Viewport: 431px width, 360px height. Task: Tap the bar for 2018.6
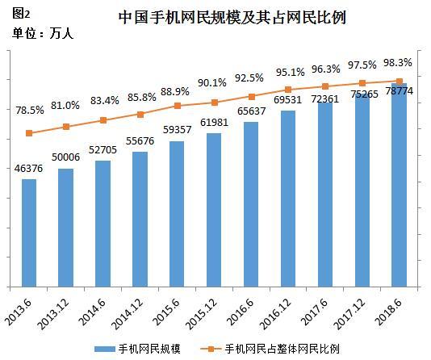point(399,186)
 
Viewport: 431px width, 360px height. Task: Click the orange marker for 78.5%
point(29,133)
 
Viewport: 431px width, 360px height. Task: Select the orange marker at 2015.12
point(214,103)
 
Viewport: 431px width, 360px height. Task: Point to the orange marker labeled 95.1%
point(288,90)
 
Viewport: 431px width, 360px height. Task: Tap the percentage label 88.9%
point(178,90)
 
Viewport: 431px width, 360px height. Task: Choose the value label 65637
point(251,112)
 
